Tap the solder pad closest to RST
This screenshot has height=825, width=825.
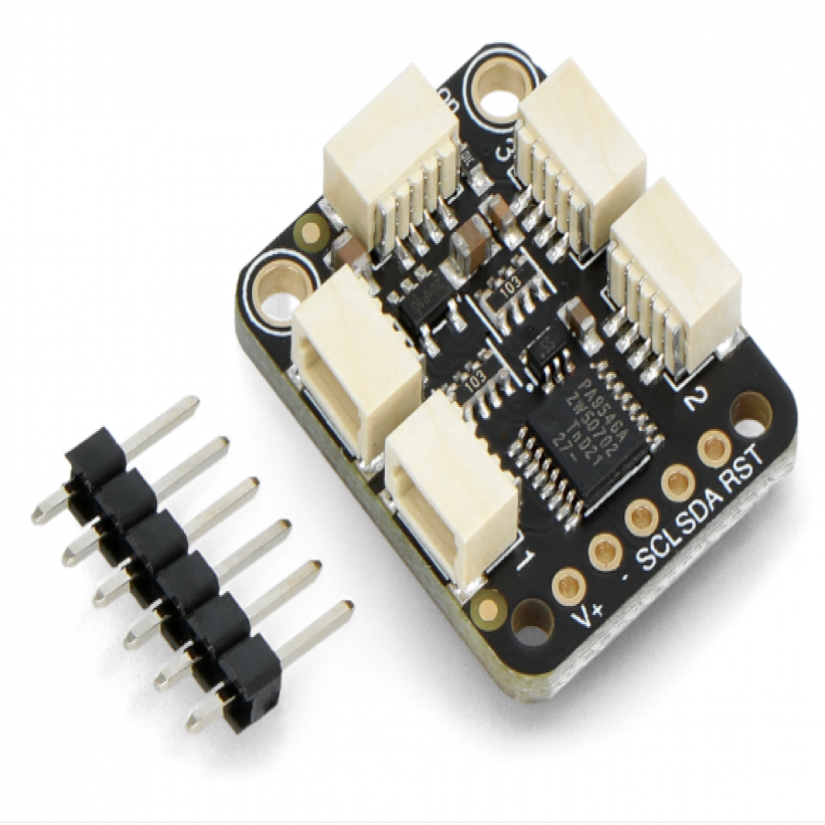(711, 449)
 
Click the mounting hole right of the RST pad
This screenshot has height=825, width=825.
(750, 412)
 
